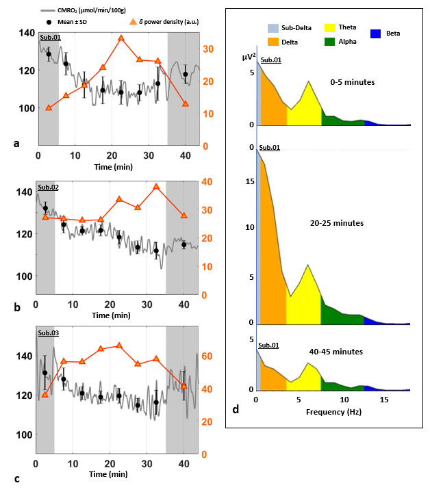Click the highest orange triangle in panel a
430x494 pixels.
click(x=121, y=38)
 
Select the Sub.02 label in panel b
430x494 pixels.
click(x=48, y=187)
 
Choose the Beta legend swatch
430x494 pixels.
click(x=376, y=34)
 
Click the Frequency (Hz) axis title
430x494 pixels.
click(x=334, y=413)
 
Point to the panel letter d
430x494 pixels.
click(x=236, y=410)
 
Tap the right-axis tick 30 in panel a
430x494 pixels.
click(x=207, y=49)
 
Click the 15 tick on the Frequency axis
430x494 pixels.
click(x=385, y=400)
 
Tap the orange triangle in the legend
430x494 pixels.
click(x=134, y=21)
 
